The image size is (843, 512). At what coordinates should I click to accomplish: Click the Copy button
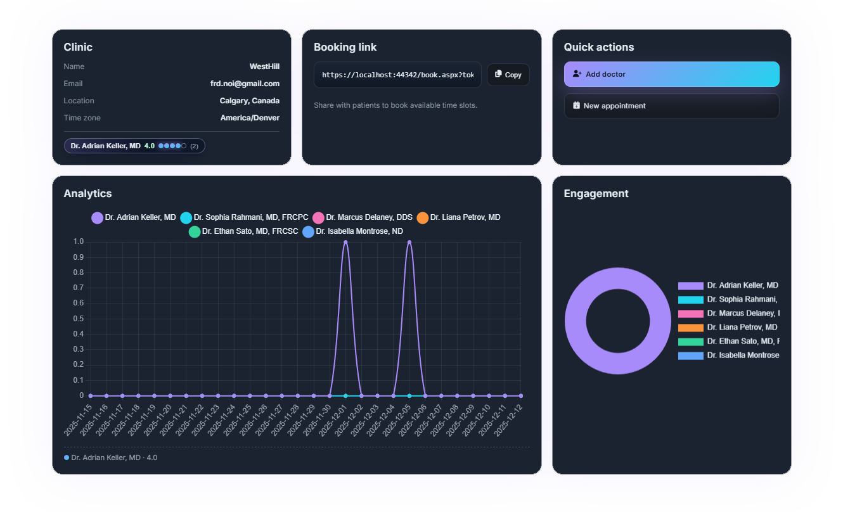(x=508, y=75)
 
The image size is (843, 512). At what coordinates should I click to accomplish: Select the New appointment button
(x=671, y=106)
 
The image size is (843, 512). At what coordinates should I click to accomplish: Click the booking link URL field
(x=397, y=75)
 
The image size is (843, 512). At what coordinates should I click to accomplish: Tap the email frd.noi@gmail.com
(x=245, y=84)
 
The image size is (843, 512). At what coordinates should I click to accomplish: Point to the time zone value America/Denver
(x=250, y=118)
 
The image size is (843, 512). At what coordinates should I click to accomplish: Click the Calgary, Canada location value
(x=249, y=101)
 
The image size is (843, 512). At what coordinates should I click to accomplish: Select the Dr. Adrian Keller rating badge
(x=134, y=146)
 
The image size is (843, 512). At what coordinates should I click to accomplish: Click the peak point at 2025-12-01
(x=345, y=242)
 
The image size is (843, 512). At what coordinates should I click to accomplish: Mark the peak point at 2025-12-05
(x=409, y=242)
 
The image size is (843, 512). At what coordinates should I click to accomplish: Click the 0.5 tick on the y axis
(x=79, y=319)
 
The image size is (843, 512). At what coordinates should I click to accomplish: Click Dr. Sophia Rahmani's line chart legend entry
(x=244, y=217)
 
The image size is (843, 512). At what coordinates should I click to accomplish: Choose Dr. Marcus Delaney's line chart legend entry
(x=363, y=217)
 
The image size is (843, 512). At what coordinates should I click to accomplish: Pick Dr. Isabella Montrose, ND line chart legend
(x=352, y=231)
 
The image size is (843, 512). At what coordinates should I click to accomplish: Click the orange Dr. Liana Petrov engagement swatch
(x=690, y=328)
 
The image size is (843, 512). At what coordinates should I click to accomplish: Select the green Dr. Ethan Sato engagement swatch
(x=690, y=342)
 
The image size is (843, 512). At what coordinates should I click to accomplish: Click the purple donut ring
(x=576, y=321)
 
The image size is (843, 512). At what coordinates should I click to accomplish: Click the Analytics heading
(x=87, y=194)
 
